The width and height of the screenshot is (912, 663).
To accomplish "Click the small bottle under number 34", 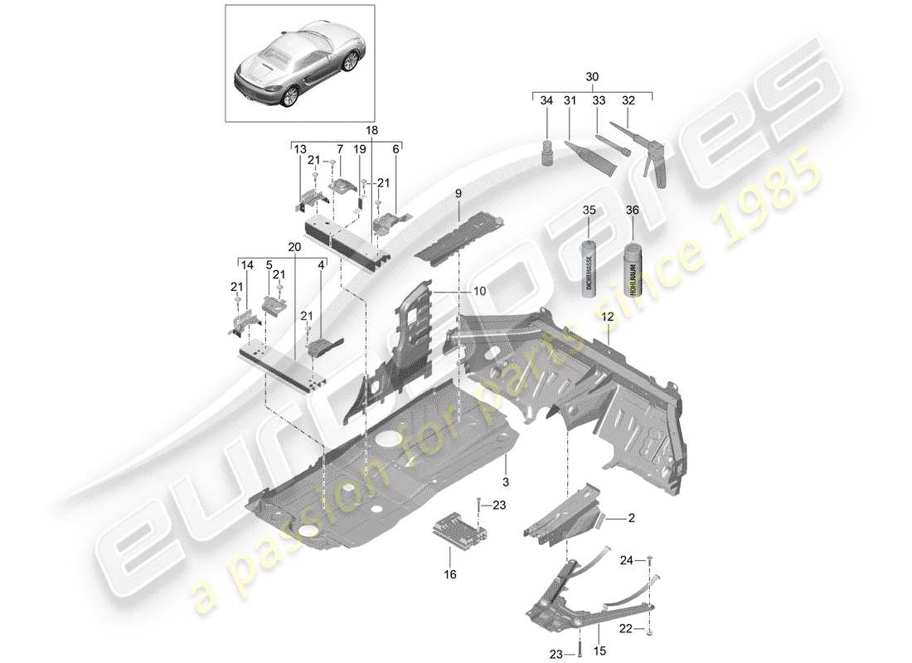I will (546, 154).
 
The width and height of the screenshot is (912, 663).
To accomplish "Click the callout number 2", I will (632, 518).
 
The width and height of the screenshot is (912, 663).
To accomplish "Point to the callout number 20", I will (293, 246).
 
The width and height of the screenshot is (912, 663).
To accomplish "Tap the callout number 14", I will (246, 264).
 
